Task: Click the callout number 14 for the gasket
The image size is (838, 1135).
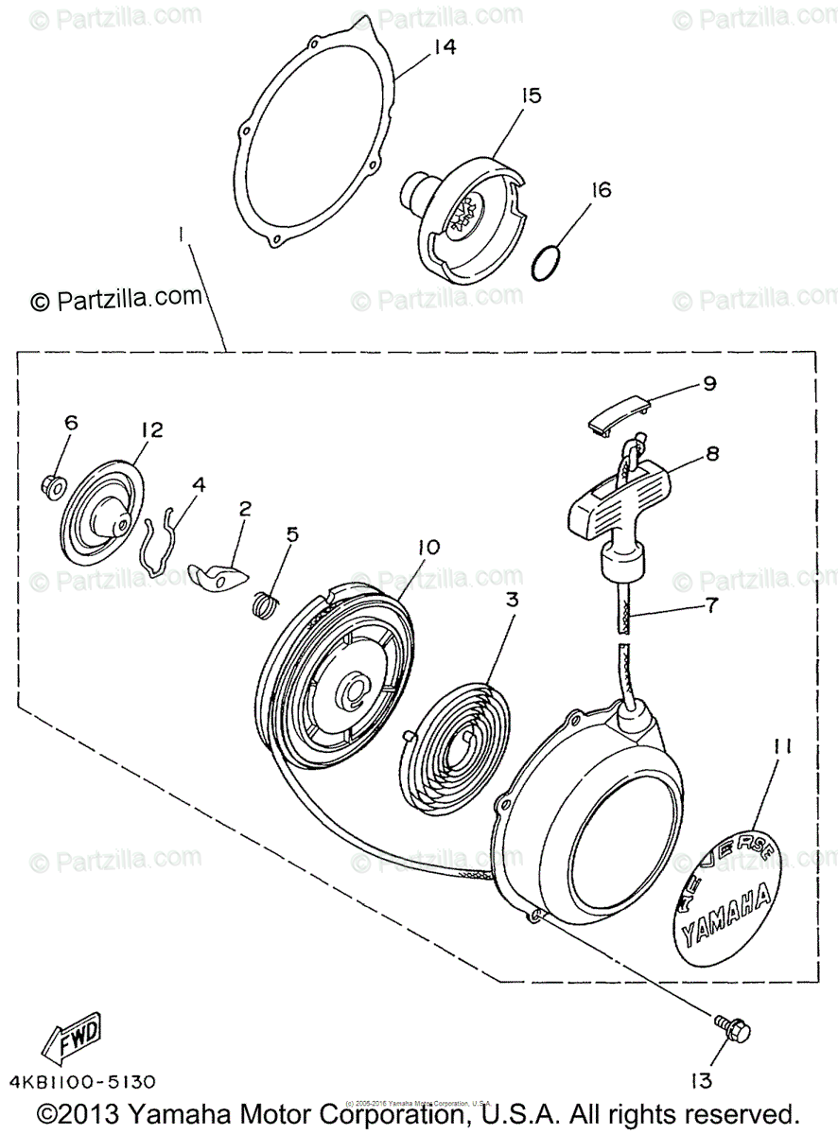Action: click(444, 47)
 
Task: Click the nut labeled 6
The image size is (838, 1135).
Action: click(53, 487)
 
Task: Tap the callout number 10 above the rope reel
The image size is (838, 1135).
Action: click(427, 548)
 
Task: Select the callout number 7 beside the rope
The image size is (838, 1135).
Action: click(709, 602)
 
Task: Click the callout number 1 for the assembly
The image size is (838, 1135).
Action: click(181, 231)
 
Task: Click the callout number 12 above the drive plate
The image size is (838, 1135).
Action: click(150, 430)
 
